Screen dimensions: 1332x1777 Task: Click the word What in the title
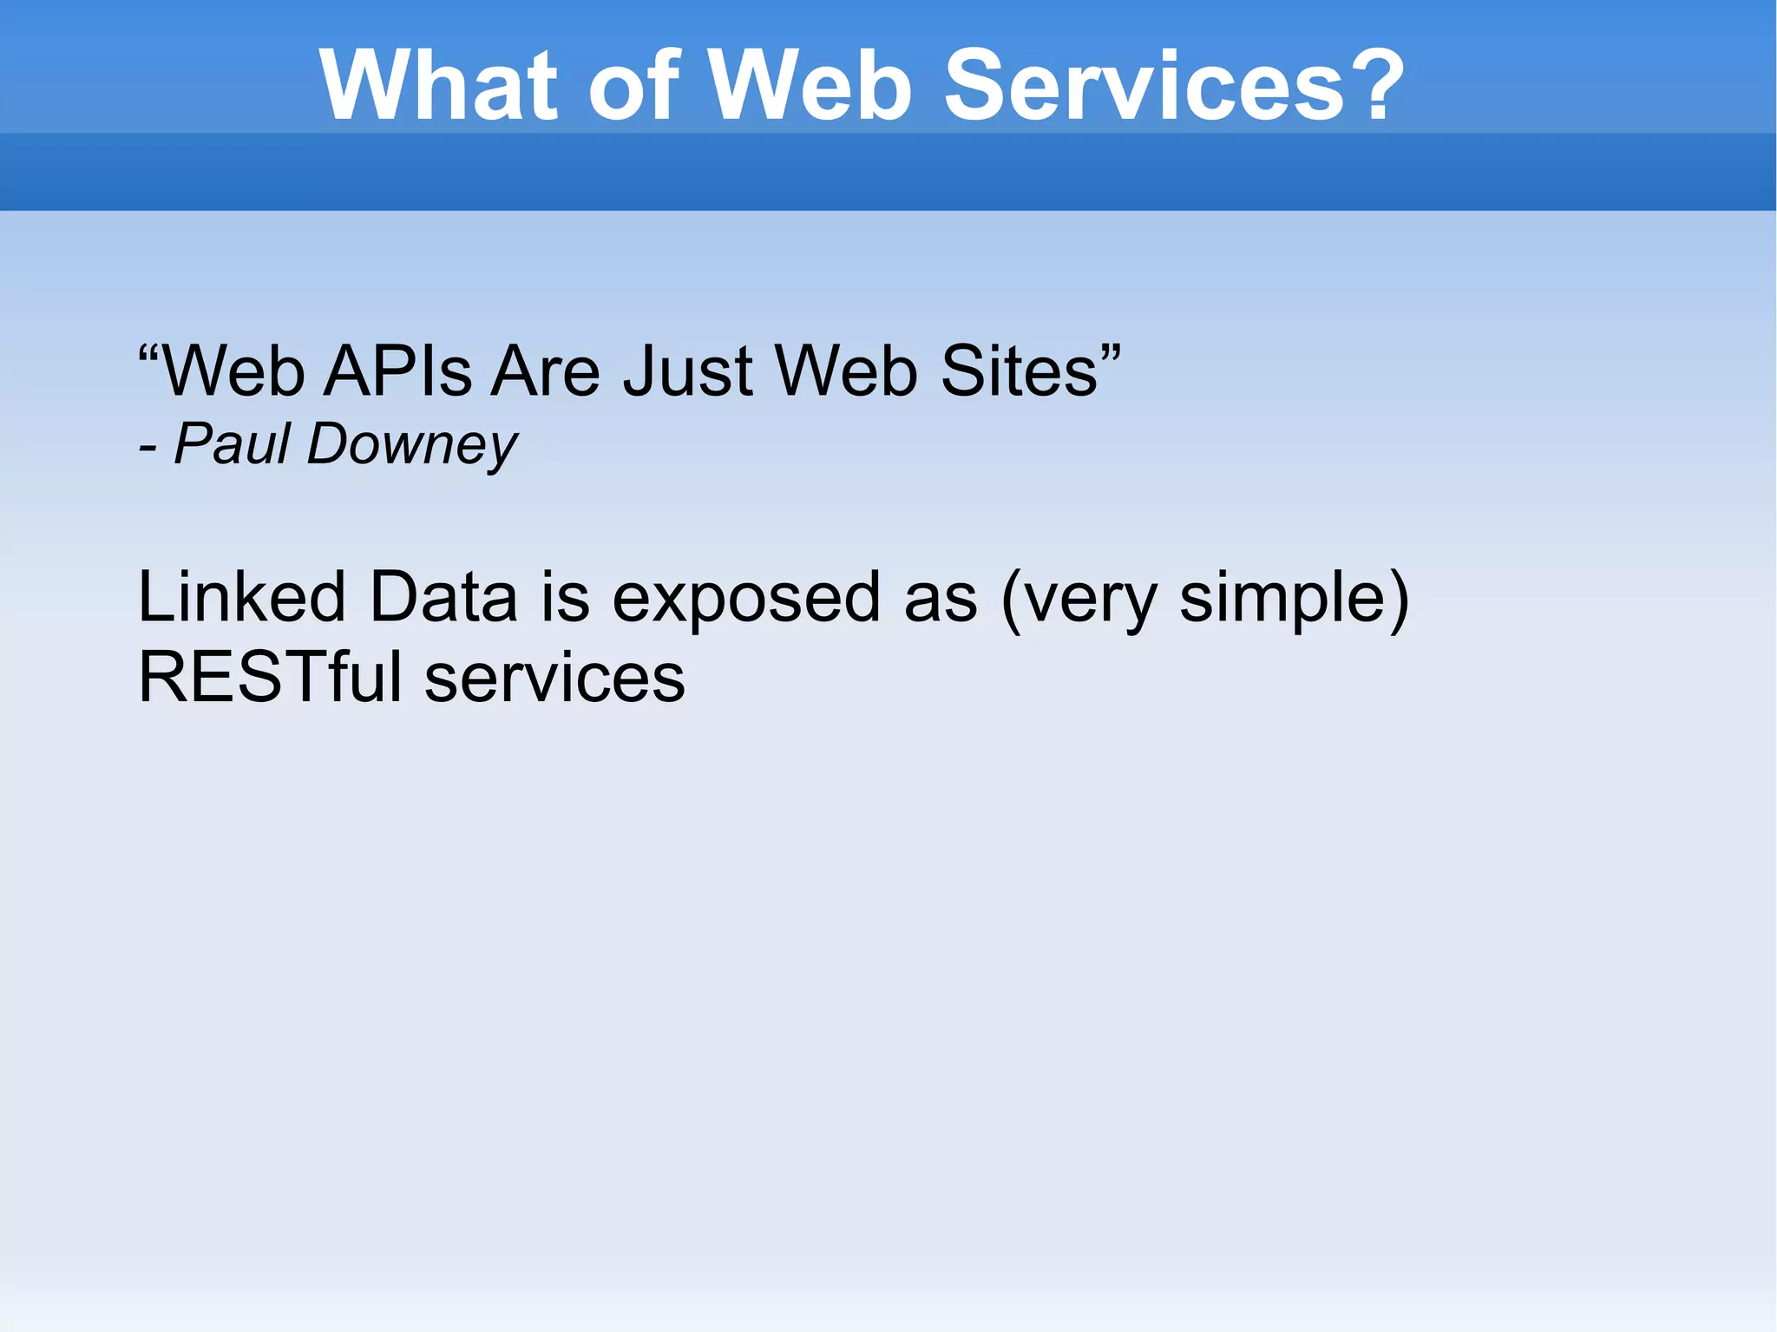click(438, 85)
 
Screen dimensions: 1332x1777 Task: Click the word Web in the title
click(811, 85)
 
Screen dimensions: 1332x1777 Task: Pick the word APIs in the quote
click(397, 371)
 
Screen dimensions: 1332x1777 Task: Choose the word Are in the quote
click(546, 371)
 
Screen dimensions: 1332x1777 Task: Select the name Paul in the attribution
click(232, 444)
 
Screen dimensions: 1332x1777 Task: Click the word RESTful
click(270, 678)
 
